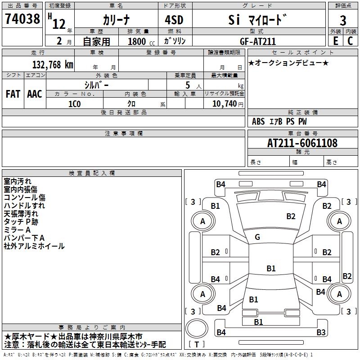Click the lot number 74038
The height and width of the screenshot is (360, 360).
tap(22, 18)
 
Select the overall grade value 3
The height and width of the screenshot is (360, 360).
tap(343, 20)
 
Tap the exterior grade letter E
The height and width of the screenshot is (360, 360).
tap(335, 41)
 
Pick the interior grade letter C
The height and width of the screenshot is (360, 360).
tap(350, 41)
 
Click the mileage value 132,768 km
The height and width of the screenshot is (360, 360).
tap(53, 65)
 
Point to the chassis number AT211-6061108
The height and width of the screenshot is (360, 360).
tap(302, 143)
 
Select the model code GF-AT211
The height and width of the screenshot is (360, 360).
tap(258, 41)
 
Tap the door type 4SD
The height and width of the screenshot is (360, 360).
tap(174, 20)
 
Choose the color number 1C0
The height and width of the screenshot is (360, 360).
tap(75, 104)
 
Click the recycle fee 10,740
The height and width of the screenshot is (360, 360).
tap(225, 104)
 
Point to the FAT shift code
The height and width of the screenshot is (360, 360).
tap(13, 94)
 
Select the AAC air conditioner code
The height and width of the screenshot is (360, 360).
tap(35, 94)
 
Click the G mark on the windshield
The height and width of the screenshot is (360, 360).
tap(257, 237)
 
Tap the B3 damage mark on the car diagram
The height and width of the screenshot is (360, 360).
tap(321, 332)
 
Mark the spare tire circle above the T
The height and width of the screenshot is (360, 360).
tap(197, 328)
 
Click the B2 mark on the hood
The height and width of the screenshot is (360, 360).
tap(291, 216)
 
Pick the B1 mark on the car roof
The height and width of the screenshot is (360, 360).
tap(271, 268)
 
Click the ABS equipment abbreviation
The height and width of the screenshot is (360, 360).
tap(258, 121)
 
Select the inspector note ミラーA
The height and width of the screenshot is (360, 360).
tap(17, 230)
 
